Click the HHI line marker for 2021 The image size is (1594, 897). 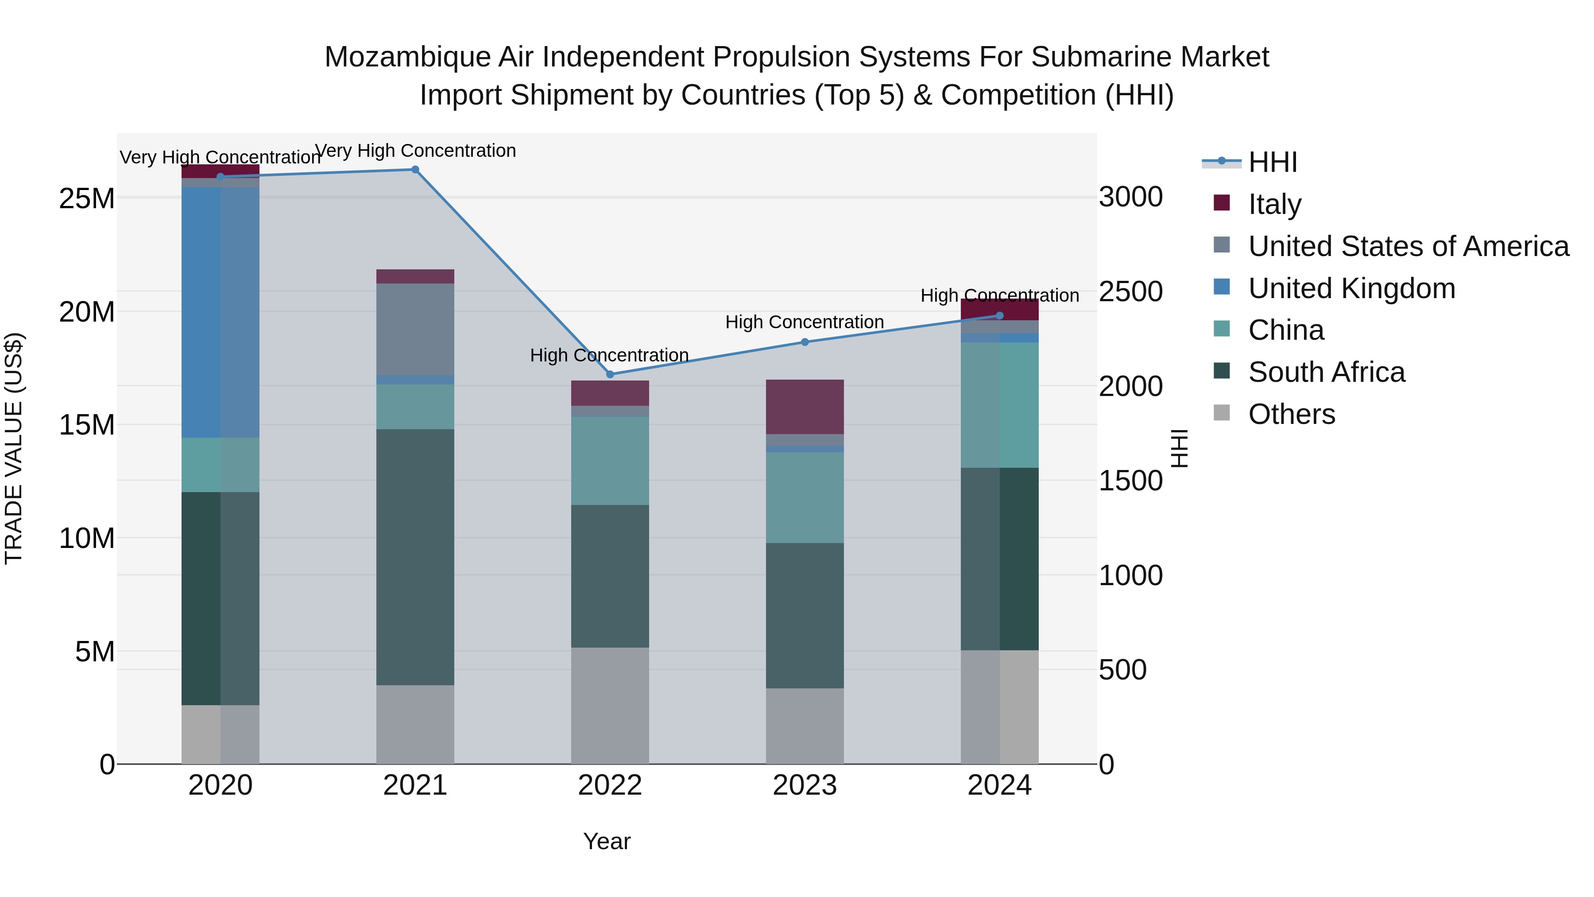tap(415, 170)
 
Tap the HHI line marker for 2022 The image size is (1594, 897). tap(610, 374)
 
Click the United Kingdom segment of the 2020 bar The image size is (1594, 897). tap(221, 313)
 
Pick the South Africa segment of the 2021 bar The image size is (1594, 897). tap(415, 557)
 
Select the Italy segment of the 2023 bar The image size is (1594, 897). tap(805, 407)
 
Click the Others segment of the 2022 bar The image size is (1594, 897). tap(610, 706)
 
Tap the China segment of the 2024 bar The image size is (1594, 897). tap(1000, 405)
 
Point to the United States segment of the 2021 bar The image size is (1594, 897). tap(415, 329)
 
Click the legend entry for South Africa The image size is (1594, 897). tap(1326, 372)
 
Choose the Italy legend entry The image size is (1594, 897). tap(1275, 204)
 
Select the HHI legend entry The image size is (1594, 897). tap(1272, 162)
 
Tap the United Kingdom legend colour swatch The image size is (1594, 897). tap(1222, 287)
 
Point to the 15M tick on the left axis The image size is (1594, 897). tap(87, 425)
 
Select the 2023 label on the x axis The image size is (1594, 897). tap(805, 785)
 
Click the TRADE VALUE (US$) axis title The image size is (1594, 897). tap(14, 448)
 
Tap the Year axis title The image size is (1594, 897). tap(607, 841)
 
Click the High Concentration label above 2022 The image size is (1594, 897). tap(610, 355)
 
